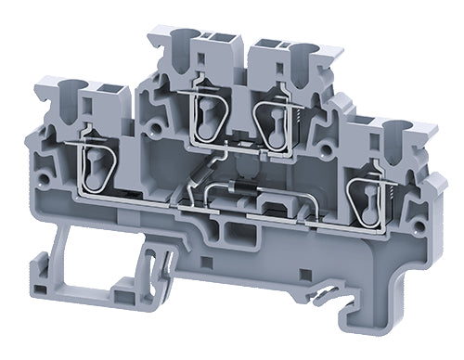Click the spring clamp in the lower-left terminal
pos(97,164)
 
